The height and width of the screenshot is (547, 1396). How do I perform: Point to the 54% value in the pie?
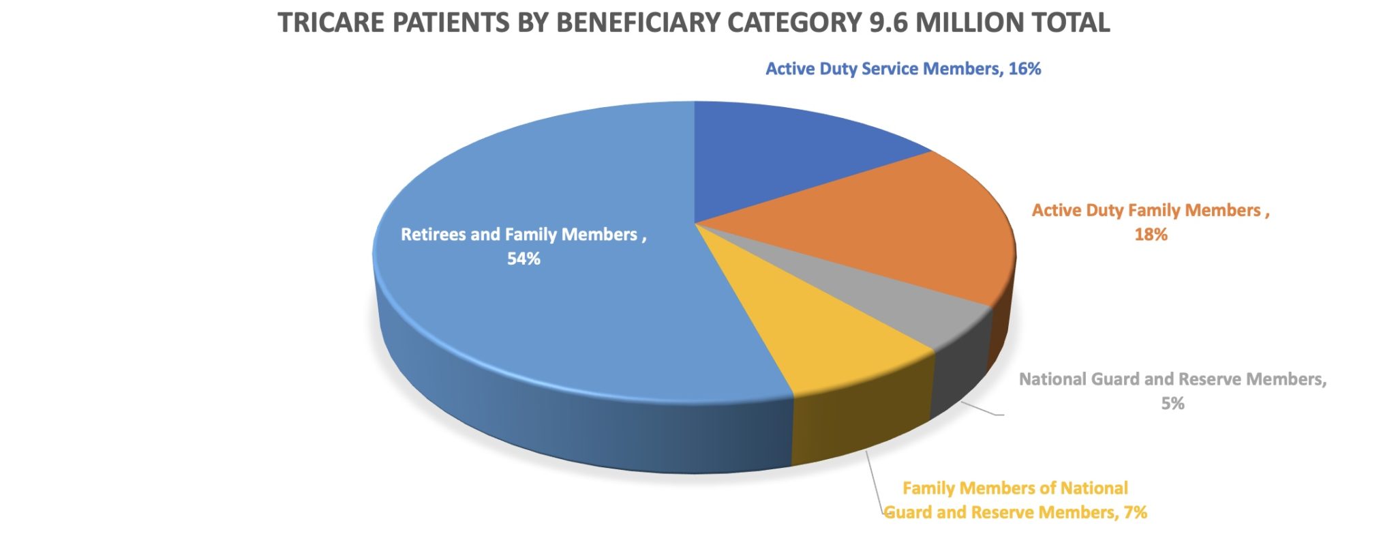(523, 258)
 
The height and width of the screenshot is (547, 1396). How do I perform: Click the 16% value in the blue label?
(1025, 69)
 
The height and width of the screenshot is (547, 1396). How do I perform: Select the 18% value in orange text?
(1151, 235)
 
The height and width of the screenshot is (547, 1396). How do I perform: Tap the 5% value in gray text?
(1172, 404)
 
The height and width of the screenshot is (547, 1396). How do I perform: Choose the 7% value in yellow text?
(1135, 512)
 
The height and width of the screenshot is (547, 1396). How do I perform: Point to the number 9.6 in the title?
(889, 23)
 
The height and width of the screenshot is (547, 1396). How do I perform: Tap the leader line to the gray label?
(982, 409)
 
